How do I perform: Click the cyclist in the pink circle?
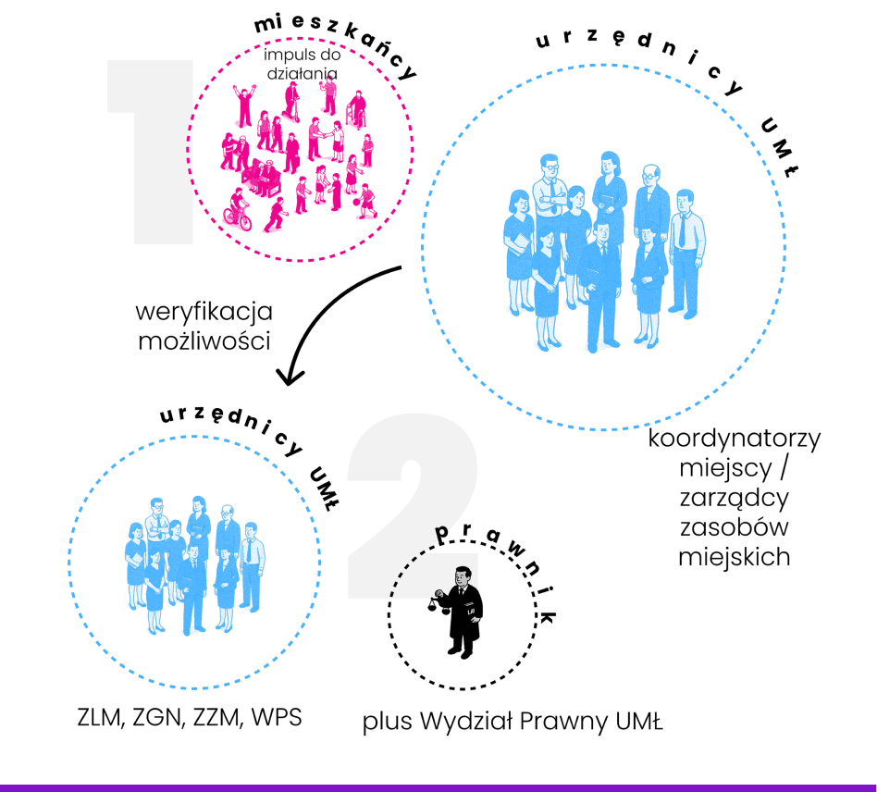[x=237, y=211]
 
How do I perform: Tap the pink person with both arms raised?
[x=245, y=104]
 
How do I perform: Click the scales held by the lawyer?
[x=433, y=602]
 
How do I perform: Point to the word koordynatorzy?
[x=735, y=438]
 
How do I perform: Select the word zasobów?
[x=735, y=526]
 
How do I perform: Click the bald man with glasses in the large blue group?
[x=652, y=199]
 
